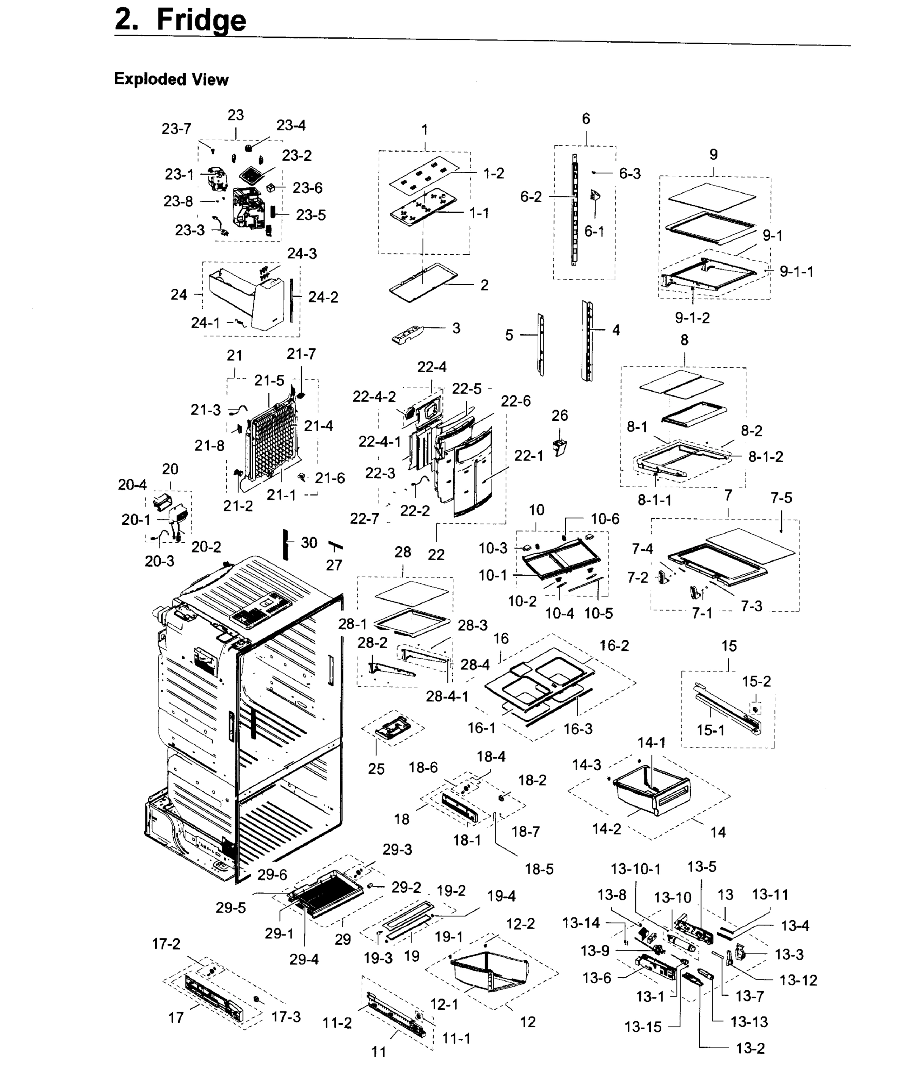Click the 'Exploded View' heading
(171, 79)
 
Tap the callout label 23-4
(291, 125)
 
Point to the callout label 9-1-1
(796, 271)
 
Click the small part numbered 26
(559, 447)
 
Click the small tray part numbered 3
(407, 334)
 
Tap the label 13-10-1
(635, 869)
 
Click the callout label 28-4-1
(447, 696)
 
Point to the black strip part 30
(284, 544)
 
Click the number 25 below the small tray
(376, 769)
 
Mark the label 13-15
(643, 1027)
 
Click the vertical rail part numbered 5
(540, 344)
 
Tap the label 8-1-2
(765, 457)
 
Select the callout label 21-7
(301, 354)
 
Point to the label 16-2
(614, 646)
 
